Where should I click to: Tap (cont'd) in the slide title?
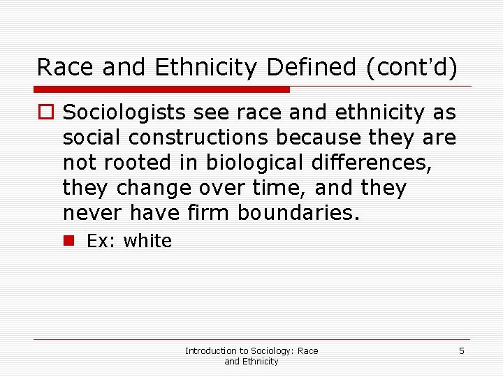(x=408, y=67)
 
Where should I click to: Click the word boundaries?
(x=299, y=213)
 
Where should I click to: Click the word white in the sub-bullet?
(x=147, y=241)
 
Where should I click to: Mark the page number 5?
(x=462, y=350)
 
